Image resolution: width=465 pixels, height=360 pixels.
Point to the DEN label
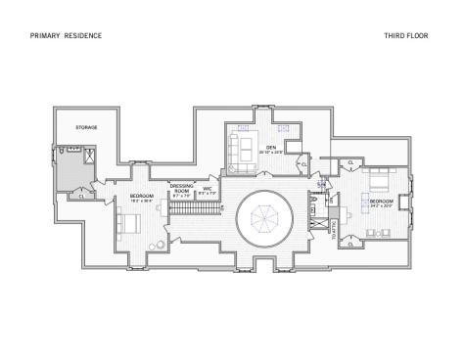tap(271, 147)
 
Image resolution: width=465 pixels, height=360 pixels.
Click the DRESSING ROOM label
tap(182, 188)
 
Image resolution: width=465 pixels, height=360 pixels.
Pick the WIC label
tap(207, 188)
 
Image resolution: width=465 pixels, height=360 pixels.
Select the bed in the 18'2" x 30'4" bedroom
tap(128, 223)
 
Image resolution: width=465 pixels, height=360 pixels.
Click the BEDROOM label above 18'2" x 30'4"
tap(142, 197)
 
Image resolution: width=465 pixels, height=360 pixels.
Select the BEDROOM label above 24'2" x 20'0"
tap(381, 201)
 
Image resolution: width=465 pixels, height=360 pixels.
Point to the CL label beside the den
tap(304, 164)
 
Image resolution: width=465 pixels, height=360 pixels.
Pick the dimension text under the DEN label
tap(272, 153)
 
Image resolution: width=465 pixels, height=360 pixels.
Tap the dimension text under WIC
tap(207, 194)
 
